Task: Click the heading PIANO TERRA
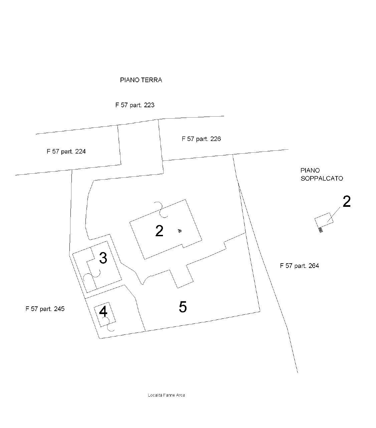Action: [141, 80]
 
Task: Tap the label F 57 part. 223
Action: [135, 105]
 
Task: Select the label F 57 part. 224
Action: [66, 151]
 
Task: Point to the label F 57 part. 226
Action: [201, 139]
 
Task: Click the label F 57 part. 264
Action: [299, 266]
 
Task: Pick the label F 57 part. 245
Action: [45, 309]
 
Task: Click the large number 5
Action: [183, 307]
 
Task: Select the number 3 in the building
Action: [103, 258]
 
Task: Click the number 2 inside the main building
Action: [159, 231]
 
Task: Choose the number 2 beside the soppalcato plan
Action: [347, 202]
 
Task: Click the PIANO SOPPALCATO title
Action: [321, 174]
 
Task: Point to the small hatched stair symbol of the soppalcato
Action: [321, 230]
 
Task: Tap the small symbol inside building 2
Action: [180, 231]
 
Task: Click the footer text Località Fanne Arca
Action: [166, 395]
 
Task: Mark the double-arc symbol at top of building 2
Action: [160, 209]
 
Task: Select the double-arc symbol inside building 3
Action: [92, 276]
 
